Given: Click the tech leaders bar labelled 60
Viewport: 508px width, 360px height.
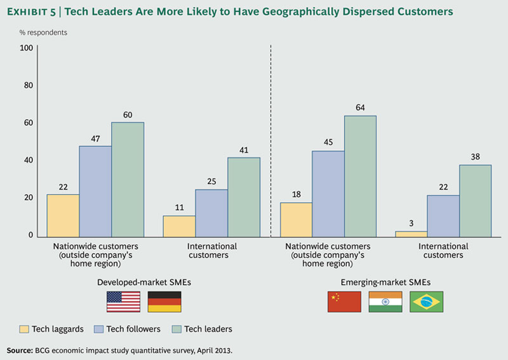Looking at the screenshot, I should click(127, 179).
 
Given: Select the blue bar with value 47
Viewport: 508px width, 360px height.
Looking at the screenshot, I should click(95, 192).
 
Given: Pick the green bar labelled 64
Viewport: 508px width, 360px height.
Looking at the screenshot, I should click(360, 176).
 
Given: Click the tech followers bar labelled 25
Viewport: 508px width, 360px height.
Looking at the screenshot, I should click(211, 212).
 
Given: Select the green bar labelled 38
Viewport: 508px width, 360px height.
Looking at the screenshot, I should click(475, 200).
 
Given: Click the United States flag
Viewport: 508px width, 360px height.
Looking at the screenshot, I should click(123, 302).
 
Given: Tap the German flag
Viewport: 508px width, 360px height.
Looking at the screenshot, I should click(165, 302).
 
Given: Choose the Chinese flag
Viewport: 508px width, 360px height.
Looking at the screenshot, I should click(344, 302).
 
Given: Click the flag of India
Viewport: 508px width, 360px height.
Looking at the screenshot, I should click(385, 302).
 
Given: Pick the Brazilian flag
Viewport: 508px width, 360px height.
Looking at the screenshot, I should click(427, 302).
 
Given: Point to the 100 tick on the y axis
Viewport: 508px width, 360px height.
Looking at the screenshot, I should click(26, 48).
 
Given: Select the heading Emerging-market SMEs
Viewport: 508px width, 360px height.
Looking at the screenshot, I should click(385, 281).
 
